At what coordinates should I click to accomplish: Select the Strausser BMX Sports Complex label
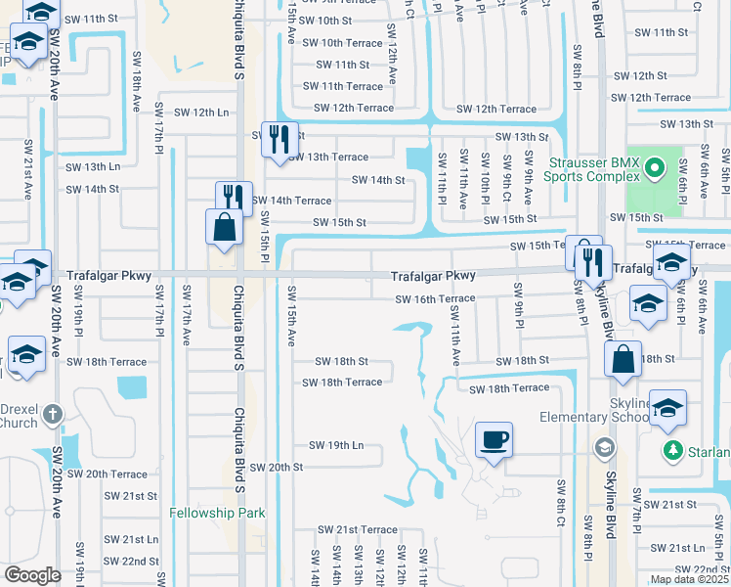coord(594,171)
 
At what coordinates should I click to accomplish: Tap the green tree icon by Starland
coord(672,451)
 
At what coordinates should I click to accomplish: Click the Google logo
coord(32,575)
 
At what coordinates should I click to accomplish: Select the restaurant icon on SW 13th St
coord(279,140)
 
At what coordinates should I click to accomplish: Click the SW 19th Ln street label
coord(336,445)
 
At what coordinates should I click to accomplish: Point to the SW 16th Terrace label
coord(435,298)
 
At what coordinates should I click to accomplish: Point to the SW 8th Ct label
coord(561,501)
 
